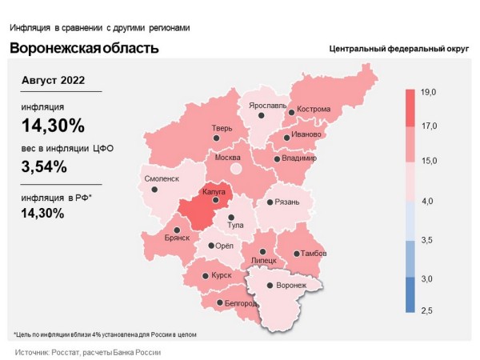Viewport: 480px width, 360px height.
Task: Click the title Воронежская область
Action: (x=84, y=48)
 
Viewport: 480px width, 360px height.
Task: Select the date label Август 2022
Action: (x=53, y=81)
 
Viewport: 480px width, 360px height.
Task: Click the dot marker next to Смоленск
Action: (x=154, y=190)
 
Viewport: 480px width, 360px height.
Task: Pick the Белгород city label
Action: (x=240, y=304)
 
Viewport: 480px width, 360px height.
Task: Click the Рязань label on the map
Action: (x=286, y=202)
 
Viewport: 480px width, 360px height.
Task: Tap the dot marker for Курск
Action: (x=205, y=276)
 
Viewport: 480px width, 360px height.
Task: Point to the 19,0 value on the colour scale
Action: (x=428, y=94)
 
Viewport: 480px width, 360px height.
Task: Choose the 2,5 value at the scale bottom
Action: (x=428, y=310)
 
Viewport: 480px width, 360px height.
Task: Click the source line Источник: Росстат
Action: (x=88, y=352)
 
